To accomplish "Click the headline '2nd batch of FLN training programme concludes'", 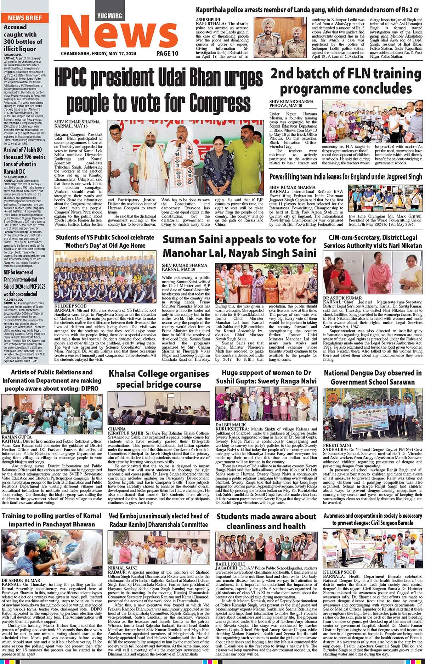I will pyautogui.click(x=345, y=81).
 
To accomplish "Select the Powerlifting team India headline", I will pyautogui.click(x=346, y=177).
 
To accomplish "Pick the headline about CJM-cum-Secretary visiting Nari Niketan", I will pyautogui.click(x=373, y=241).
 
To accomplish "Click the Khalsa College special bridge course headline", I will pyautogui.click(x=159, y=379).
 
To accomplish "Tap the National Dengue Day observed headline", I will pyautogui.click(x=373, y=377).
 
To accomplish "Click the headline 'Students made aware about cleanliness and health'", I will pyautogui.click(x=266, y=521).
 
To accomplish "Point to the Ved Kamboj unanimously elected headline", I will pyautogui.click(x=159, y=520).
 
